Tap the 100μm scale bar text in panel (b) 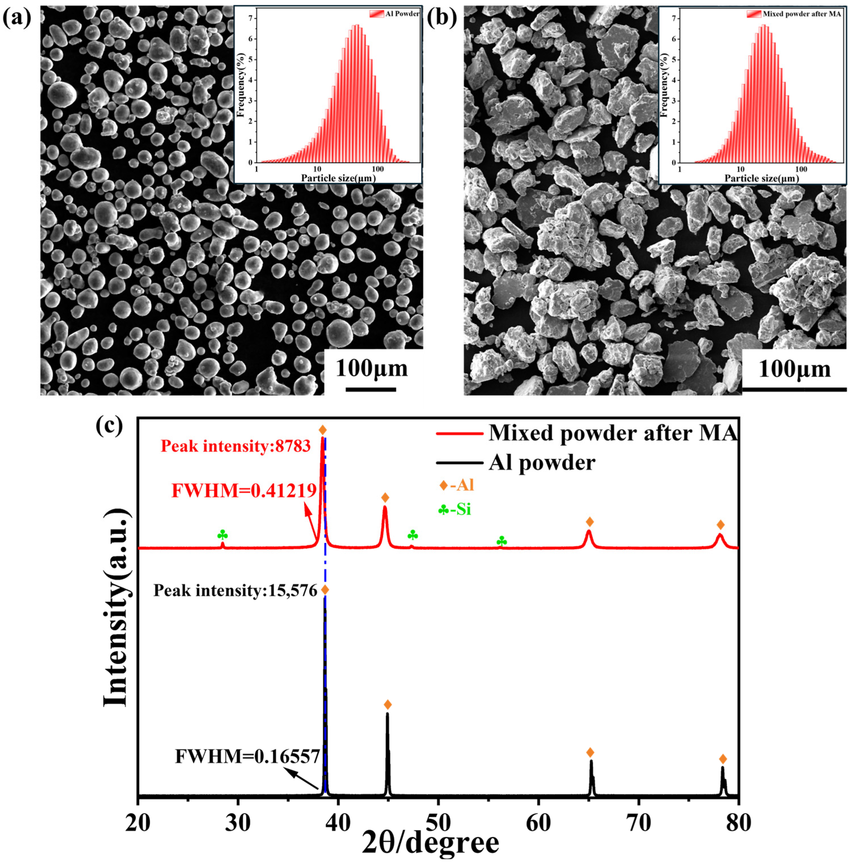(794, 370)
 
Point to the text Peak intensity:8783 (235, 446)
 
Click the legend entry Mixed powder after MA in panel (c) (612, 433)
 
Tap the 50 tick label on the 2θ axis (439, 823)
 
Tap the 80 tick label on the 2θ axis (738, 823)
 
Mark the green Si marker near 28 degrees (222, 535)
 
